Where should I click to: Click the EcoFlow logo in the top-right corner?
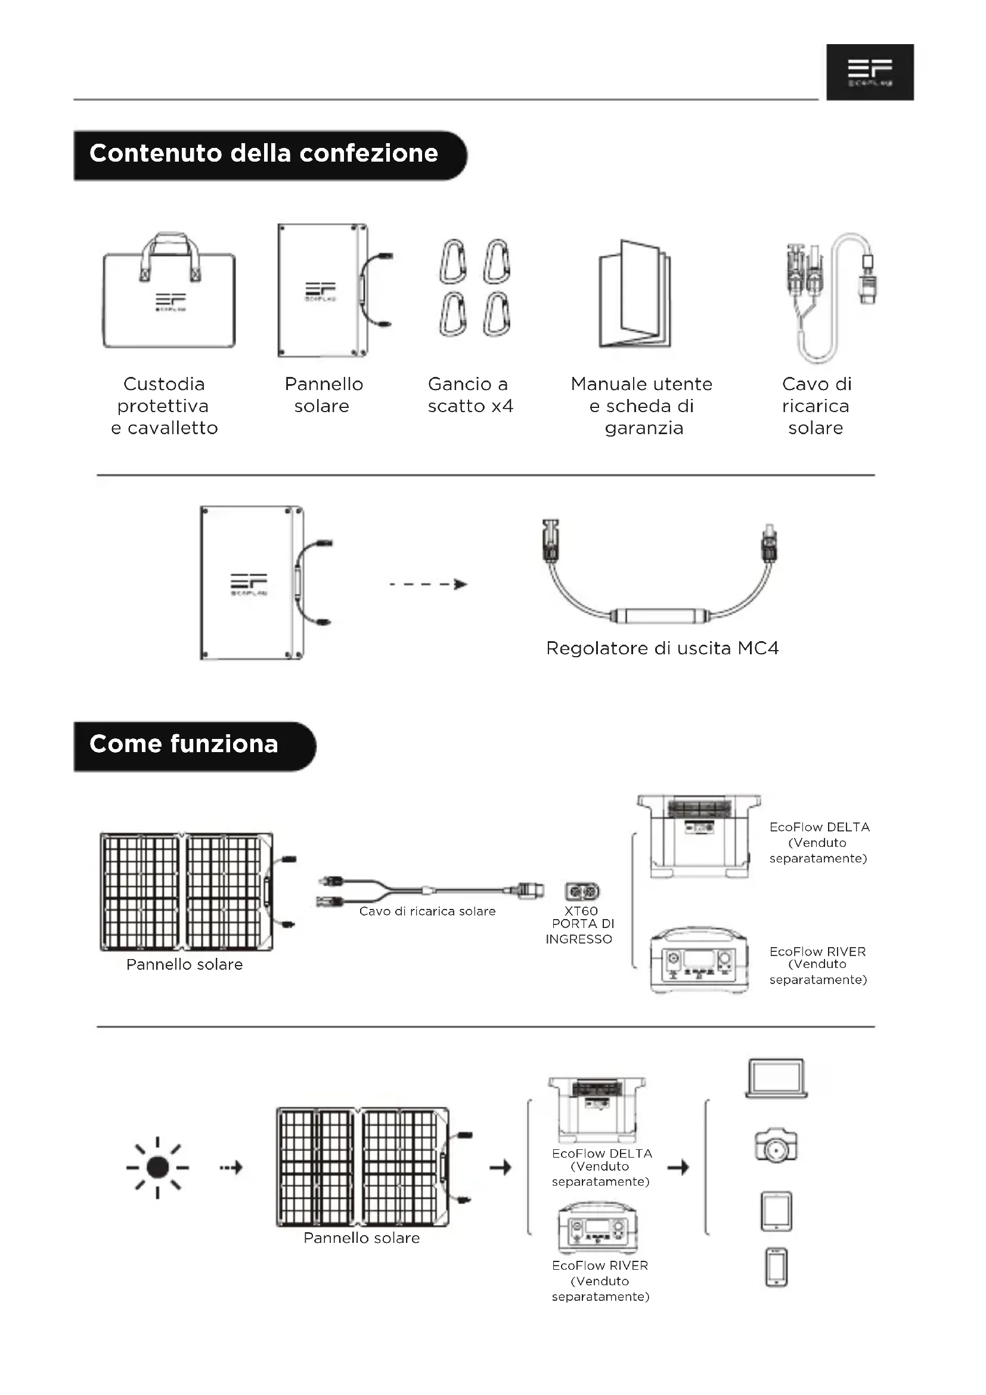tap(869, 72)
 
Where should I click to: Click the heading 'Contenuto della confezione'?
tap(263, 154)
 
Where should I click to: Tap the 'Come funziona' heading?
tap(184, 744)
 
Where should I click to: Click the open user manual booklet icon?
tap(635, 295)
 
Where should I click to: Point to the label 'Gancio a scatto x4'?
tap(470, 395)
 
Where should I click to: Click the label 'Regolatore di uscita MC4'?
tap(662, 648)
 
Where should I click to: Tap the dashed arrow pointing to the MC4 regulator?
tap(428, 584)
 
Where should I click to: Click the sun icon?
tap(158, 1167)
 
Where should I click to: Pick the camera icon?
tap(776, 1146)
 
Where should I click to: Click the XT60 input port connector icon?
tap(582, 891)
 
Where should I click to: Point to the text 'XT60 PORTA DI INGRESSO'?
tap(581, 925)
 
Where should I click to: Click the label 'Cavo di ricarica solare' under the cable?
tap(427, 911)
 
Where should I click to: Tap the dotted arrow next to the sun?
tap(231, 1167)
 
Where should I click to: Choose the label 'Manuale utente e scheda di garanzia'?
tap(642, 406)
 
